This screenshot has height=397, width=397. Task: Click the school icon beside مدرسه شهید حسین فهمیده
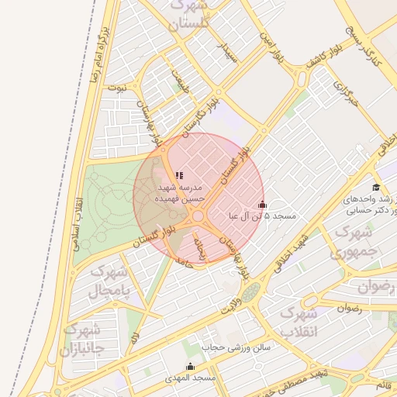point(179,176)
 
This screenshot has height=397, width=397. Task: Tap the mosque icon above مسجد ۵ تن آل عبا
point(262,205)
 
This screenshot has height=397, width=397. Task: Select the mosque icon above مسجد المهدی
point(190,366)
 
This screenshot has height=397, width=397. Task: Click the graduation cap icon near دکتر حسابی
point(376,187)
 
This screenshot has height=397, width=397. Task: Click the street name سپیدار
point(228,53)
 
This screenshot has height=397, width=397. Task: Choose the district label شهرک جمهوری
point(353,242)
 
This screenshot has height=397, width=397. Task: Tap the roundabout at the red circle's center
point(198,216)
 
